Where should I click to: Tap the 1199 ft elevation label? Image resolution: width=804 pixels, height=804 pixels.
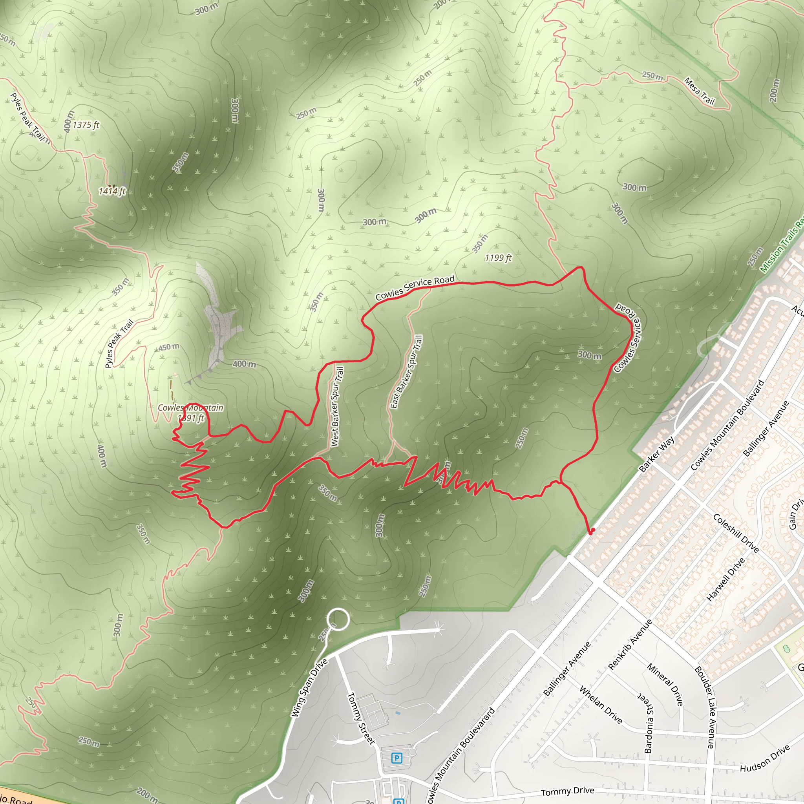(498, 258)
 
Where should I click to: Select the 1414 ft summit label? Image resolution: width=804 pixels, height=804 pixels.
(112, 191)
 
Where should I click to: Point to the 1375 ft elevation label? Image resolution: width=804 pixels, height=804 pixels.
(86, 125)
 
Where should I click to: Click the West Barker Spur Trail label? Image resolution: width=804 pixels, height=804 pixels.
(338, 407)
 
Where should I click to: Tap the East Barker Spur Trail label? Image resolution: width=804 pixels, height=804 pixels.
(407, 372)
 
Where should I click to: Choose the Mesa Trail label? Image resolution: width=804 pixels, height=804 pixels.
(699, 91)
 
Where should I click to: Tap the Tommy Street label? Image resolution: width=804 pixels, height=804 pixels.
(360, 718)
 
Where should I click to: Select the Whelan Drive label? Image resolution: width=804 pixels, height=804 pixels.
(601, 705)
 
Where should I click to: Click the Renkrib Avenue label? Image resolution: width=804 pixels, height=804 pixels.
(630, 645)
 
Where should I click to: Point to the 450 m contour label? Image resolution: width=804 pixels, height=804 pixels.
(169, 347)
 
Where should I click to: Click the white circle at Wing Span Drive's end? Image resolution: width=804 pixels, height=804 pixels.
(338, 619)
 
